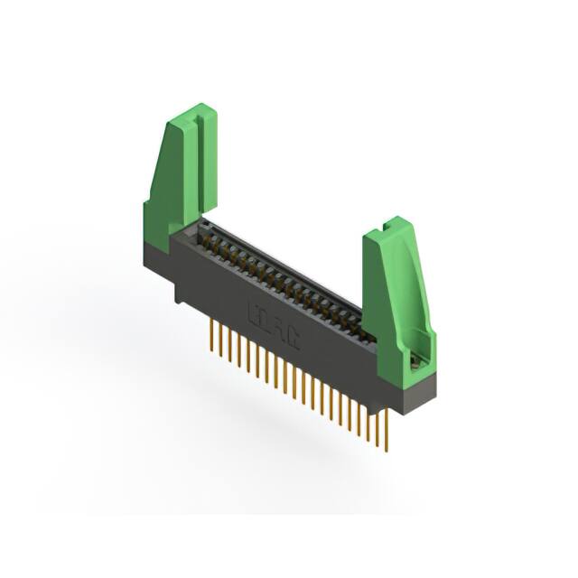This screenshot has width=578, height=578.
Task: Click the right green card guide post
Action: (x=397, y=289)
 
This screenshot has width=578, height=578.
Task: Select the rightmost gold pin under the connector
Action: (x=386, y=428)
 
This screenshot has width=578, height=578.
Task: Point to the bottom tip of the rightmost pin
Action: (x=386, y=449)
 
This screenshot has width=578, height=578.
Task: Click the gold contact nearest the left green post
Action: (x=207, y=232)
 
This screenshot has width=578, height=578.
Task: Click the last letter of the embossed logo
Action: (x=294, y=335)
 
